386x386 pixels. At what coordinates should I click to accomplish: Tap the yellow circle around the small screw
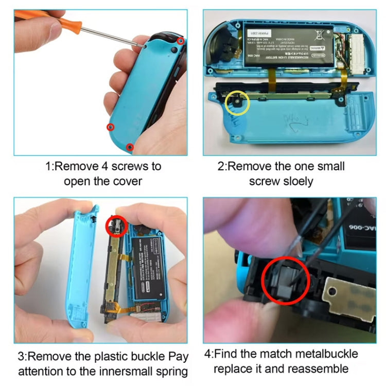click(237, 103)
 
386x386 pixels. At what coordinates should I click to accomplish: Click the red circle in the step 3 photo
click(116, 225)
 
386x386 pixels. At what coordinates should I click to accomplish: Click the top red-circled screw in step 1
click(181, 41)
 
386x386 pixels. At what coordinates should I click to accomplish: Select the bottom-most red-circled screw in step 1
click(130, 147)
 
